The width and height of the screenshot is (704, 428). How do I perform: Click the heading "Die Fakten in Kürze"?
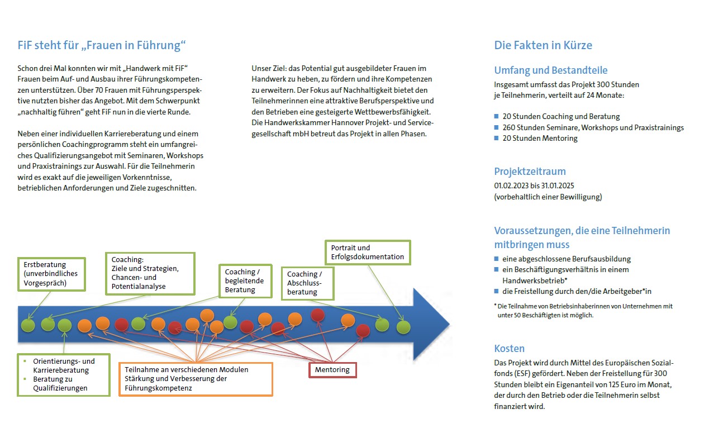pos(543,45)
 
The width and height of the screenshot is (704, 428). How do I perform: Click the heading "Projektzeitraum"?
pos(530,172)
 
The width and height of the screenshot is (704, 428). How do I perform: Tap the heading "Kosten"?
pos(509,349)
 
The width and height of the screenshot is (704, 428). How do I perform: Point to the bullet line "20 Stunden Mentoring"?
pos(540,138)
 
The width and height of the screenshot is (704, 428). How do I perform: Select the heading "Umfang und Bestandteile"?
pos(551,70)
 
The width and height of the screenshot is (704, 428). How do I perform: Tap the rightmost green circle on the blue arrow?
pos(403,327)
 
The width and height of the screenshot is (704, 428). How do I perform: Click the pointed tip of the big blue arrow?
pos(449,324)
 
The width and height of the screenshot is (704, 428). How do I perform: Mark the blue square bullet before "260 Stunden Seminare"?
pos(496,127)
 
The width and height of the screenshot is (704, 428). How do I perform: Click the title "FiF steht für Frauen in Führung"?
pos(102,45)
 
